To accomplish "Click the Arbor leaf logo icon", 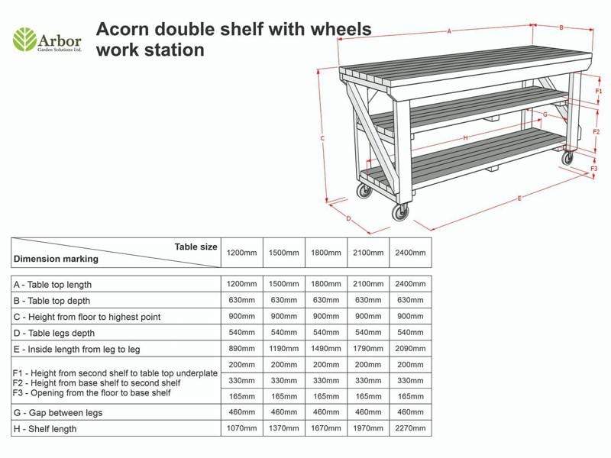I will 24,40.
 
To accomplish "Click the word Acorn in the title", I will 122,30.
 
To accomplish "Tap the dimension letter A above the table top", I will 449,31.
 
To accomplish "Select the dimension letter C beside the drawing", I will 322,138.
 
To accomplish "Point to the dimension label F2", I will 596,132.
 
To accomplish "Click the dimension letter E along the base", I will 519,198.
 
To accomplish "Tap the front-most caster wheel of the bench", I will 400,212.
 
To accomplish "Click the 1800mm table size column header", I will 325,253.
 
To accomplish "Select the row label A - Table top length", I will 53,285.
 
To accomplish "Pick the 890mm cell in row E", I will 241,349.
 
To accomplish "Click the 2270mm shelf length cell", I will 410,428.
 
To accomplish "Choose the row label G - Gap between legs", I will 58,413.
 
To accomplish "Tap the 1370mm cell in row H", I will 283,428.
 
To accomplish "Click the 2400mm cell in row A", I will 410,284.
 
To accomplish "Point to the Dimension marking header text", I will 56,259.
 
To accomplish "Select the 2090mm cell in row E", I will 410,349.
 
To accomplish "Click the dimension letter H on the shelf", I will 465,138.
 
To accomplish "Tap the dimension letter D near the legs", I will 348,219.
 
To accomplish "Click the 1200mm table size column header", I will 241,253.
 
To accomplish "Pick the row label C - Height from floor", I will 87,317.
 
